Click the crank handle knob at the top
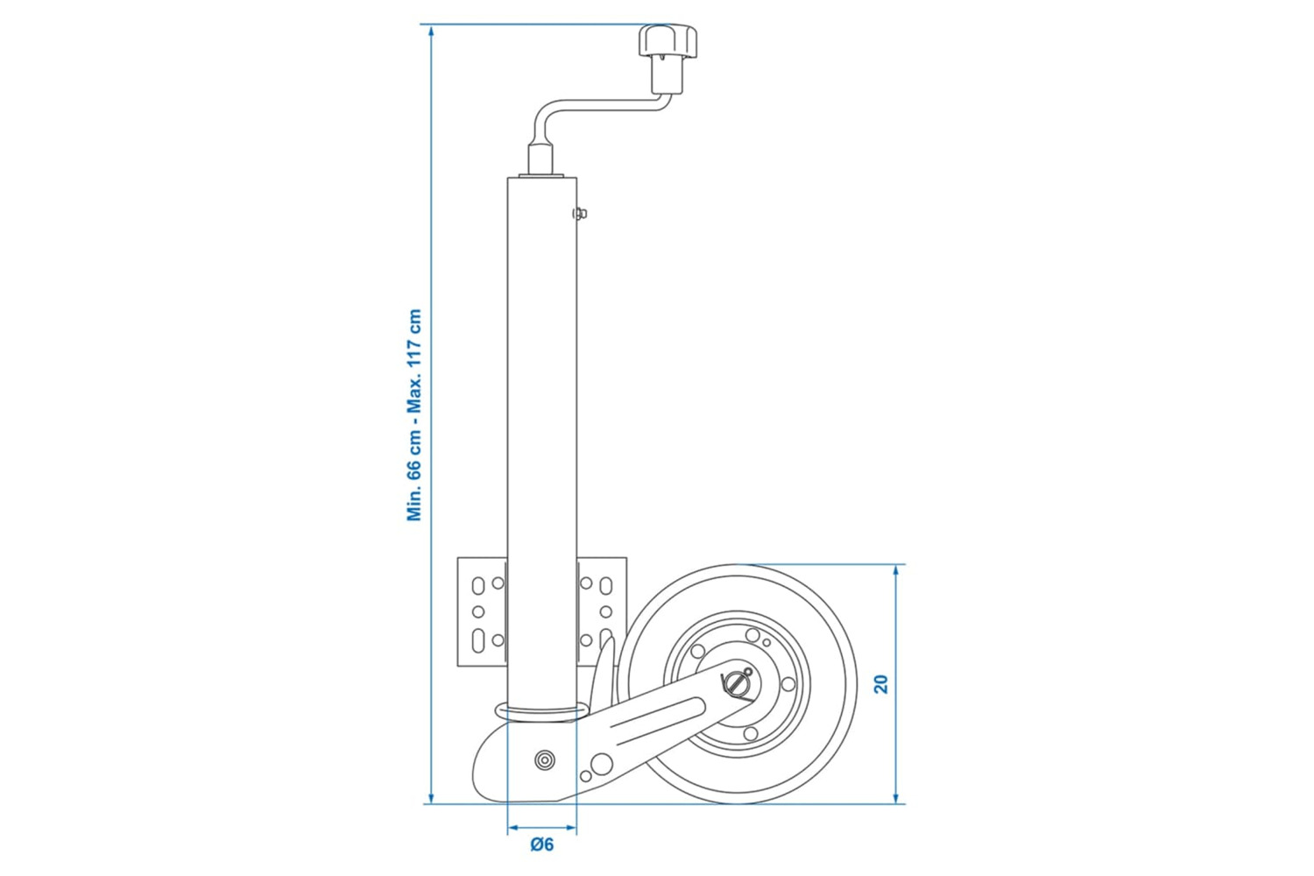[668, 41]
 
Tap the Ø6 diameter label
[542, 845]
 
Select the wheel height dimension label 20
[881, 684]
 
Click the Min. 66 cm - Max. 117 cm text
[414, 415]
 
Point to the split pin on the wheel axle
[737, 684]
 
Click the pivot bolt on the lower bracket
[545, 760]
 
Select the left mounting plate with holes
[482, 612]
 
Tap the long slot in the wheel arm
[657, 716]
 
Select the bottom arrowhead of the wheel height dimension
[896, 796]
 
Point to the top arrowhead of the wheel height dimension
[896, 571]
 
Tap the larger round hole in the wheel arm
[602, 763]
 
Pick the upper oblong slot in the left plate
[478, 585]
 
